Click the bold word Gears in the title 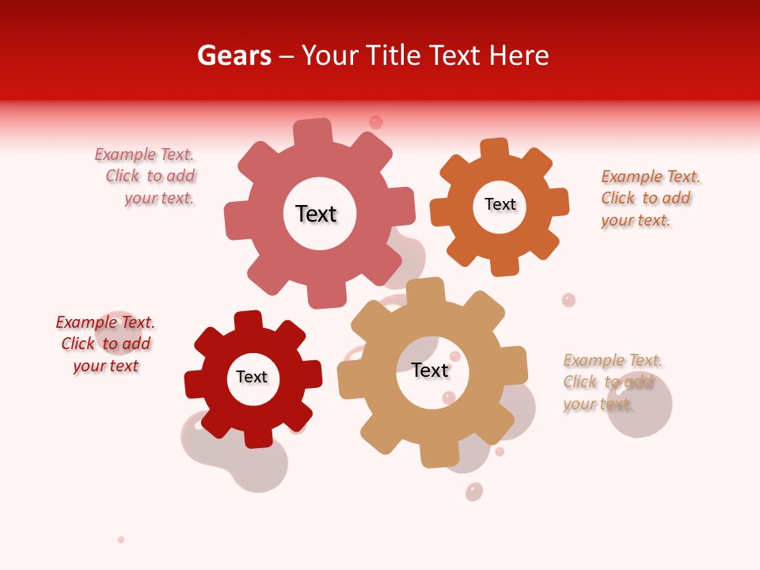(234, 55)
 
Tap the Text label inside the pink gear (316, 214)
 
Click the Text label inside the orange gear (500, 204)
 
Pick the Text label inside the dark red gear (252, 377)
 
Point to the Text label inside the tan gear (430, 370)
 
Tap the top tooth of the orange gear (495, 149)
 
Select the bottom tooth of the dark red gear (258, 435)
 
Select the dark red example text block (105, 344)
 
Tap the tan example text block (611, 382)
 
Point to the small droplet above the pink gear (376, 122)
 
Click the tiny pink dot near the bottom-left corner (121, 539)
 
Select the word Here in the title (519, 55)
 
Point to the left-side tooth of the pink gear (236, 218)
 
